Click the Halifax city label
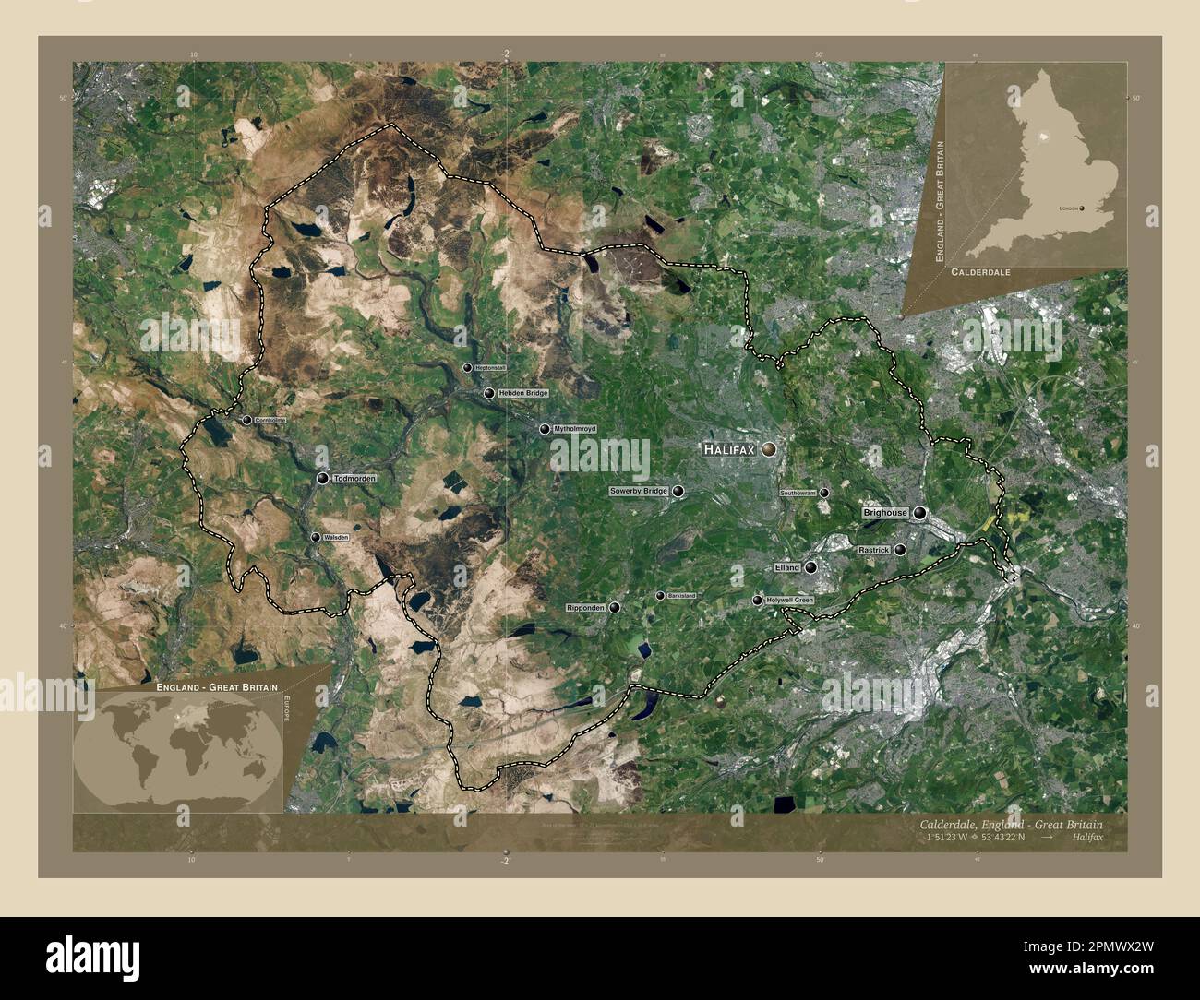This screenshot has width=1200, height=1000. [729, 450]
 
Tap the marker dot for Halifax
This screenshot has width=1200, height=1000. [769, 449]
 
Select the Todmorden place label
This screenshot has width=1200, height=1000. [355, 479]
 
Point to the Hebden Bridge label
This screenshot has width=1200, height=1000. [523, 393]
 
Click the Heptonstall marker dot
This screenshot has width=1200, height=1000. [467, 368]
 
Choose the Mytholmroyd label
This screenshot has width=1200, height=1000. [575, 429]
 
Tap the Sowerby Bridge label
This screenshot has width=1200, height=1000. [638, 492]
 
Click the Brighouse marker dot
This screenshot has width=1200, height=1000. [919, 513]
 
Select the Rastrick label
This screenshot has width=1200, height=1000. [873, 550]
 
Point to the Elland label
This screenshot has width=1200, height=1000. [787, 568]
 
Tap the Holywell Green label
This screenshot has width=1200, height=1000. [790, 601]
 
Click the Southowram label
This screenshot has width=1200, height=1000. [798, 493]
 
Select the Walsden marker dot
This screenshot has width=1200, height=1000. [315, 537]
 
